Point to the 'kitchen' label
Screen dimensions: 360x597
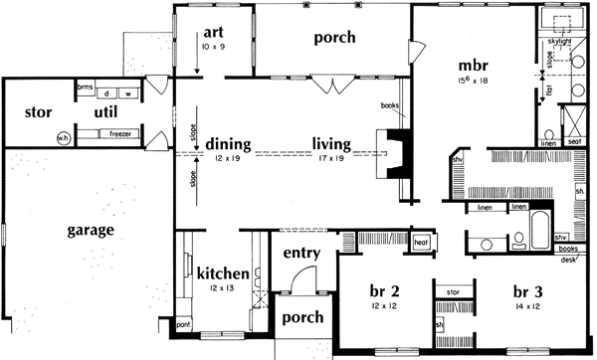(x=222, y=273)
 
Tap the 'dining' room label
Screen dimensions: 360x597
(x=230, y=142)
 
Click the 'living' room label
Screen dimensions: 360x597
(x=332, y=142)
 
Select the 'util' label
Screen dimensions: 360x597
(x=107, y=112)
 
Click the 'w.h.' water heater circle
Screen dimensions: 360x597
(x=63, y=138)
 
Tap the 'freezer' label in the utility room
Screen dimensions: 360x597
(x=120, y=133)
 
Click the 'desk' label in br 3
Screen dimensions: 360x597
(x=568, y=260)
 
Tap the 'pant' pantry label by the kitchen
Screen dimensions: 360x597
(x=183, y=324)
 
